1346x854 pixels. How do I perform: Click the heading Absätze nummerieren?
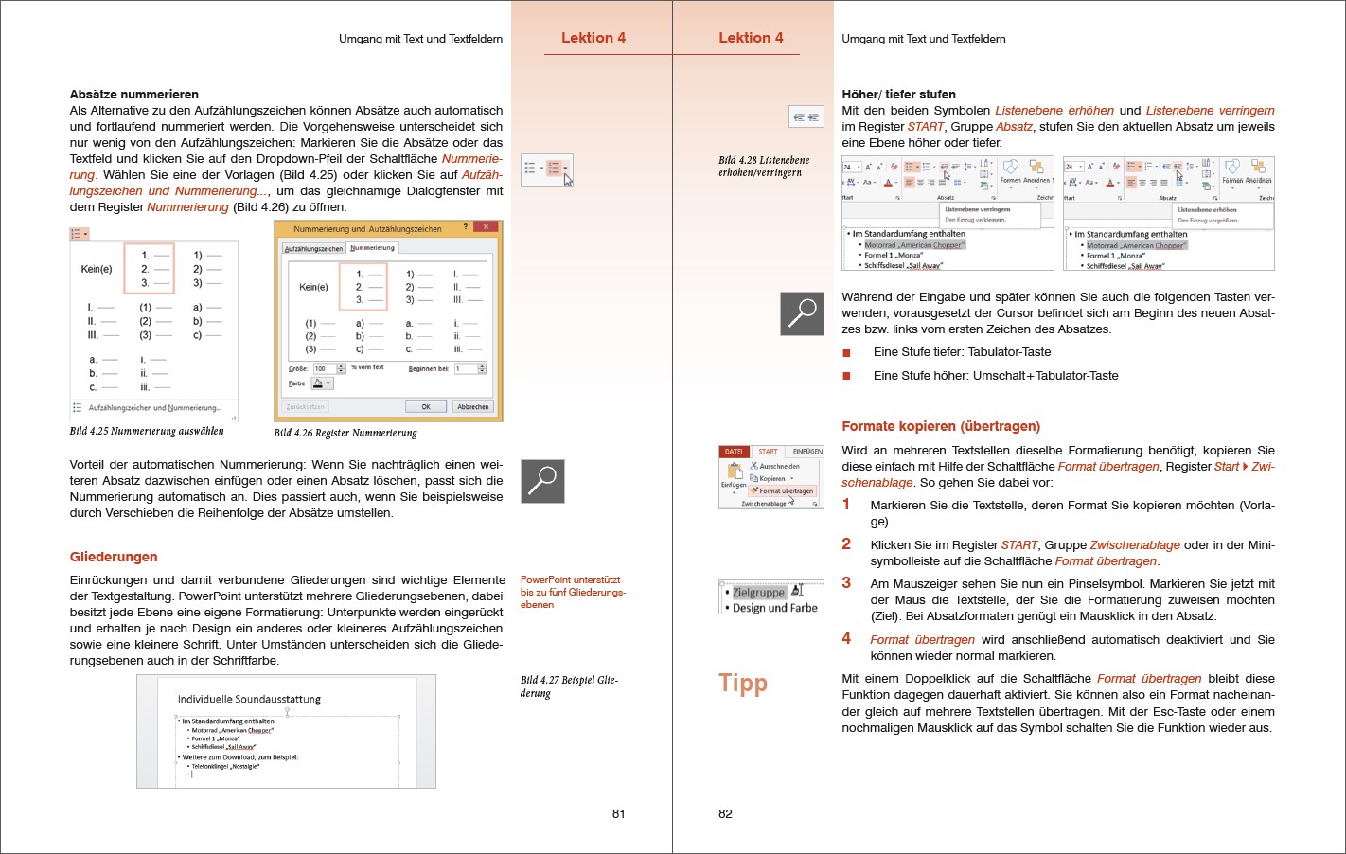[x=133, y=94]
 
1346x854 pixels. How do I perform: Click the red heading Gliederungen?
[x=114, y=557]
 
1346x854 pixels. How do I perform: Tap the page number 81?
[x=618, y=813]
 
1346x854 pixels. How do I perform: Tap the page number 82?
[x=725, y=813]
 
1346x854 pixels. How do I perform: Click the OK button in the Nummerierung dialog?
[x=426, y=406]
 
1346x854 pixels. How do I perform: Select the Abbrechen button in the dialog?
[x=472, y=406]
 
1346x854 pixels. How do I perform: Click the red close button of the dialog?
[x=487, y=227]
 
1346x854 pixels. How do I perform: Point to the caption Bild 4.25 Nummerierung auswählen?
[x=147, y=431]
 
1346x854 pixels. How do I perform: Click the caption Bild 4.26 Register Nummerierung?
[x=345, y=433]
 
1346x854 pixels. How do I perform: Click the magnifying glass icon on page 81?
[x=542, y=481]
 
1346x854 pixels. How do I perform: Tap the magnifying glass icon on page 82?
[x=802, y=312]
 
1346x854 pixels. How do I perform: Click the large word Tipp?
[x=743, y=684]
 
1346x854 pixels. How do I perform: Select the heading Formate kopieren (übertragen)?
[x=941, y=426]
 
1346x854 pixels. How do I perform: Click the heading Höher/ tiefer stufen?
[x=898, y=94]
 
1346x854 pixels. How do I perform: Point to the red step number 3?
[x=846, y=583]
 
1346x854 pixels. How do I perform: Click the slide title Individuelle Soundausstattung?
[x=249, y=699]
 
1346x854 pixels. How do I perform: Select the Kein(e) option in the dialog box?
[x=313, y=287]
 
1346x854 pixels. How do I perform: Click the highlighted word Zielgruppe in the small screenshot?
[x=758, y=593]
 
